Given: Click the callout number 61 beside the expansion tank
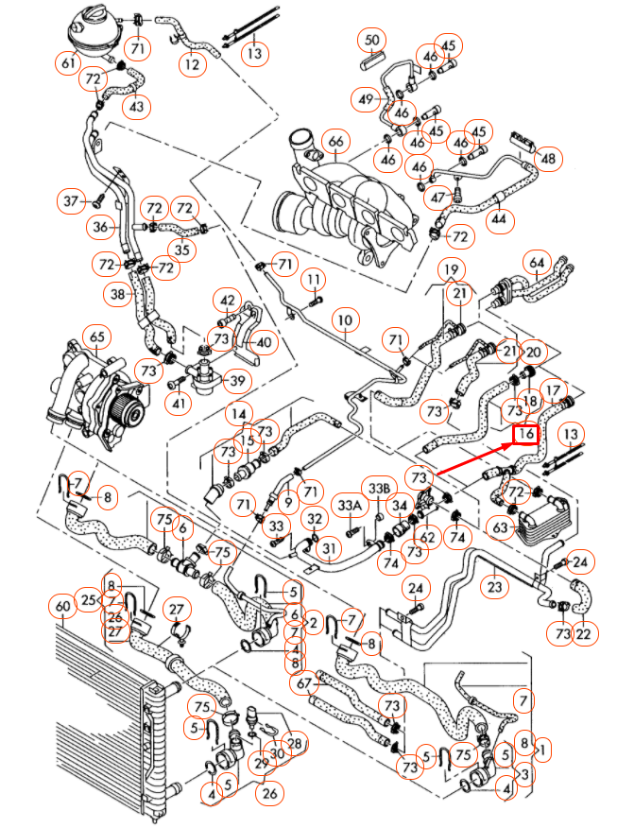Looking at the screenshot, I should click(68, 63).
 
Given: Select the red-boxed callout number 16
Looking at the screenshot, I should click(525, 434).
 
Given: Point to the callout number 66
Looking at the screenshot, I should click(334, 143).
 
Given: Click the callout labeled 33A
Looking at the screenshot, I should click(351, 507).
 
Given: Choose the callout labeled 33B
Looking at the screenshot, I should click(379, 488).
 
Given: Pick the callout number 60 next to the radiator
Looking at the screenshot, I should click(63, 606).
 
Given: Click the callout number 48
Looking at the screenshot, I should click(546, 159).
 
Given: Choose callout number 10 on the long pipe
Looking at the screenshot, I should click(345, 319).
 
